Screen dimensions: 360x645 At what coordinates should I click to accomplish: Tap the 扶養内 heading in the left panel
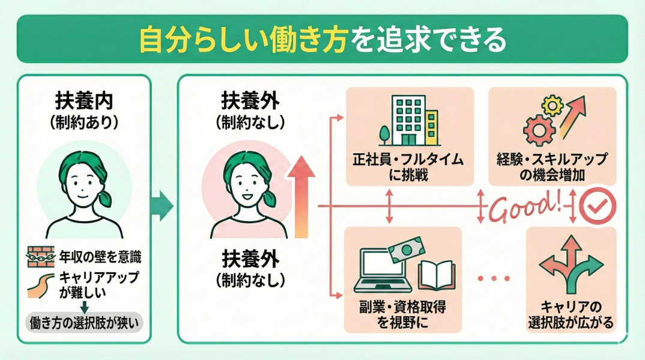coord(83,99)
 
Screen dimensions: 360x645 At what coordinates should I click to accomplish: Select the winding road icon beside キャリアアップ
coord(39,285)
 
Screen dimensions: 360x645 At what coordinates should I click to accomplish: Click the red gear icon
coord(536,128)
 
